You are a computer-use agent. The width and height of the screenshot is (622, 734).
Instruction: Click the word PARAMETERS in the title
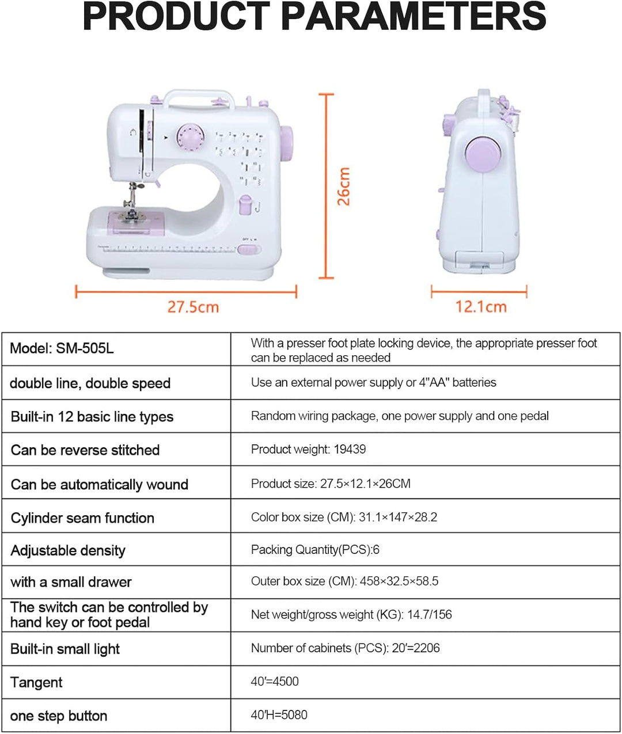point(415,17)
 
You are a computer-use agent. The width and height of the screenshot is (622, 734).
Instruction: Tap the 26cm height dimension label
point(343,187)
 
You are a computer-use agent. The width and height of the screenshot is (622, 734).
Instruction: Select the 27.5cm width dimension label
point(194,307)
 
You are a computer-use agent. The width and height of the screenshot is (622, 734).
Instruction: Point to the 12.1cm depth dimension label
point(481,307)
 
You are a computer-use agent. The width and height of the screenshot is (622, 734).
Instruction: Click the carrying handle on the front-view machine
point(199,94)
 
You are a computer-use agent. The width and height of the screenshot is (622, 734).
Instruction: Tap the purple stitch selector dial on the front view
point(191,136)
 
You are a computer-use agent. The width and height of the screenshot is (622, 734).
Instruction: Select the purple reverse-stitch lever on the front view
point(245,204)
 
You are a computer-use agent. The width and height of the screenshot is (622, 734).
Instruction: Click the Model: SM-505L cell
point(116,349)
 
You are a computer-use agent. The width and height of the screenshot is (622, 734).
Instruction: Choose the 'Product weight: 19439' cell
point(425,449)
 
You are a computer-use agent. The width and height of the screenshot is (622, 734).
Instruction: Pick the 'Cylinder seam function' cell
point(116,518)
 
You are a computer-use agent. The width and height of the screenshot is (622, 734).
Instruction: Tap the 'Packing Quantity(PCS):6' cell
point(425,550)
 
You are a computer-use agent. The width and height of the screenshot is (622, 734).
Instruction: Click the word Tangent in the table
point(36,683)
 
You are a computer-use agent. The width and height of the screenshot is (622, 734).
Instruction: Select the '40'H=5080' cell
point(425,714)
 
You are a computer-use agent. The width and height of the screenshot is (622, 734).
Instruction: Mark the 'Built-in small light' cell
point(116,649)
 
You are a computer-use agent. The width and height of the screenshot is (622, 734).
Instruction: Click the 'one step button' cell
point(116,716)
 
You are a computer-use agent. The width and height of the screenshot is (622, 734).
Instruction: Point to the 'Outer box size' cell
point(425,581)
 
